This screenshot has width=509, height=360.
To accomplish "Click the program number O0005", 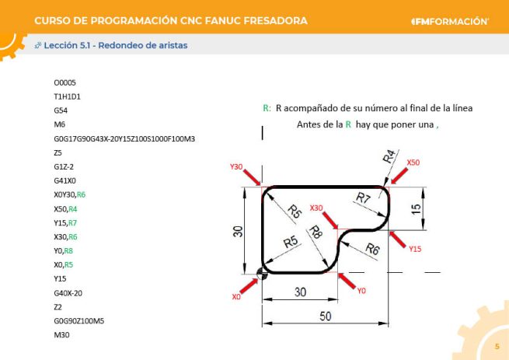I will (65, 82).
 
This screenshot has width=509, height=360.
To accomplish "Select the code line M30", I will (62, 334).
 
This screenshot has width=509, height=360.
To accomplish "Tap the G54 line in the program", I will (61, 110).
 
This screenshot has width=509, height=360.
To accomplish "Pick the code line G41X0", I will (65, 180).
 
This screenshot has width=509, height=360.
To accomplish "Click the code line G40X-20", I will (68, 292).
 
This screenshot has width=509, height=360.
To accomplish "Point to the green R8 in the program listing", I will (68, 250).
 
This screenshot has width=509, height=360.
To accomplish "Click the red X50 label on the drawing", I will (413, 163).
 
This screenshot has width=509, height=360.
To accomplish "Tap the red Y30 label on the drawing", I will (237, 166).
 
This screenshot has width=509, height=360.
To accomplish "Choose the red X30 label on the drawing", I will (316, 208).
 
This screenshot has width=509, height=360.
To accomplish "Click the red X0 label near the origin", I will (237, 297).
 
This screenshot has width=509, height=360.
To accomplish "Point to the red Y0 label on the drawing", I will (361, 290).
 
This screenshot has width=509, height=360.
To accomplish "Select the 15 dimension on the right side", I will (417, 208).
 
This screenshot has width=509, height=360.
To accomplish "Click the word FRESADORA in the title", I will (268, 19).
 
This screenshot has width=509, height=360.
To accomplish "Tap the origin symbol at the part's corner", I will (261, 272).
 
